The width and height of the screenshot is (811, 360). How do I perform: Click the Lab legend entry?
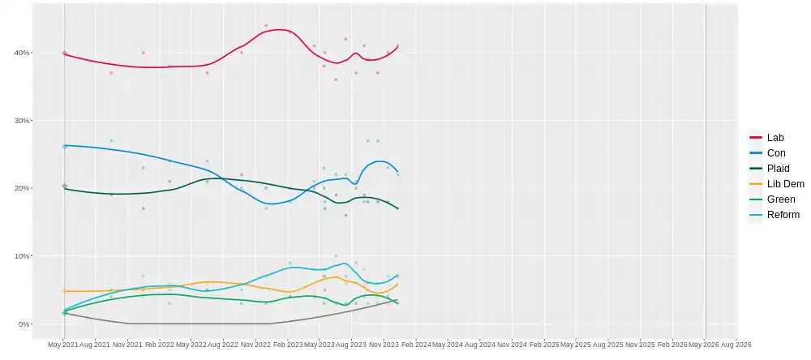(x=775, y=138)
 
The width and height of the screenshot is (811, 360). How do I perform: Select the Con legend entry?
(x=775, y=153)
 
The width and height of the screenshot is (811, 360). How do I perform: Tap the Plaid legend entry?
(x=778, y=169)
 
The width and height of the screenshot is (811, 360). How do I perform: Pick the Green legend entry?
(x=781, y=199)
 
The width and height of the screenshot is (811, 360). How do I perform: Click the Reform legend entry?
(x=781, y=215)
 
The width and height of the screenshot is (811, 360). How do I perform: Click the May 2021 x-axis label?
(x=62, y=345)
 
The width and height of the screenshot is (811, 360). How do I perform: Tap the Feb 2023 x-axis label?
(x=287, y=345)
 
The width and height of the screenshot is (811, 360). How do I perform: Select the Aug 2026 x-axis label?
(x=736, y=345)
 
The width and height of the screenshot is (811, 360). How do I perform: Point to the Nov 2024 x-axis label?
(x=512, y=345)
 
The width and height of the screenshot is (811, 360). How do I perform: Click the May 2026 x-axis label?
(x=705, y=345)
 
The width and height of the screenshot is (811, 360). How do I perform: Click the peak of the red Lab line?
(x=280, y=30)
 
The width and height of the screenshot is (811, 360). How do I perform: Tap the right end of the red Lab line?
(x=397, y=45)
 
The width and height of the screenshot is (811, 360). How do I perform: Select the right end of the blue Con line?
(x=397, y=171)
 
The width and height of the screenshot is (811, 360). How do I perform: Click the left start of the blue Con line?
(x=64, y=145)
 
